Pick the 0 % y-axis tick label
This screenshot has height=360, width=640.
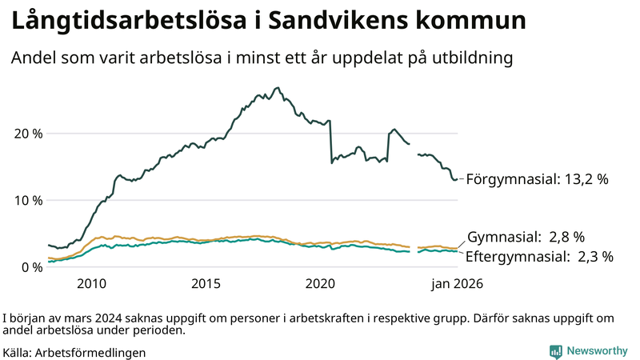(33, 267)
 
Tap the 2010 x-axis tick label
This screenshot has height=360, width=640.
(92, 284)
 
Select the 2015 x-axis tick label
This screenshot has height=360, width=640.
(206, 284)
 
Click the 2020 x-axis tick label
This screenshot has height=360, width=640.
(321, 284)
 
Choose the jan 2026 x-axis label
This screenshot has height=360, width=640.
(458, 284)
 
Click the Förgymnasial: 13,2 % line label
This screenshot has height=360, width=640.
(538, 179)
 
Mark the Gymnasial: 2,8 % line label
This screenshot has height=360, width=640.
(526, 237)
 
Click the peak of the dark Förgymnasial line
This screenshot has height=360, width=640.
(278, 88)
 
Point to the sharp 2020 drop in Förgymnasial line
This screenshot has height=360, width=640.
(330, 144)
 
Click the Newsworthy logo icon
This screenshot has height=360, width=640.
(555, 351)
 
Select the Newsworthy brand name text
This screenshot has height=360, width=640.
(597, 351)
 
